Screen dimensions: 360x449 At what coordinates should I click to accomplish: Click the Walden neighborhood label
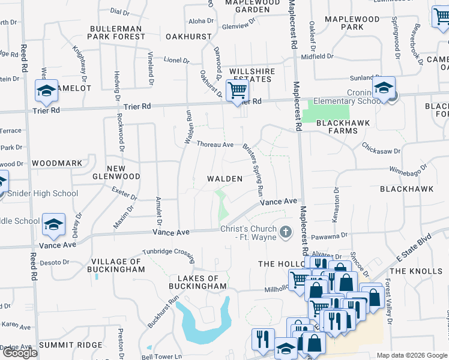[224, 179]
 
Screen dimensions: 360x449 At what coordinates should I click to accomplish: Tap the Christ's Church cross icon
[286, 231]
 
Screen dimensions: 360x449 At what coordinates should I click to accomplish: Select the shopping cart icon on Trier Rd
[237, 91]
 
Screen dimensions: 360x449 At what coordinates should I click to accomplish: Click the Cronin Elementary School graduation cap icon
[383, 88]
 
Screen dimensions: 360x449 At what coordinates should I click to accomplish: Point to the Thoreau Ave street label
[215, 145]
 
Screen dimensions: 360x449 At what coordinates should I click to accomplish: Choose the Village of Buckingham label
[118, 266]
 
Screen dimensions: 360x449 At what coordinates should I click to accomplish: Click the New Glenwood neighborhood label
[116, 173]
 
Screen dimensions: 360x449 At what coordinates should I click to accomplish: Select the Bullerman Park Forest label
[116, 32]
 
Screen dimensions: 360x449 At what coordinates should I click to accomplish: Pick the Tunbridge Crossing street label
[168, 254]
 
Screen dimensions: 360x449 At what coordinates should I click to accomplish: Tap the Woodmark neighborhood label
[56, 163]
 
